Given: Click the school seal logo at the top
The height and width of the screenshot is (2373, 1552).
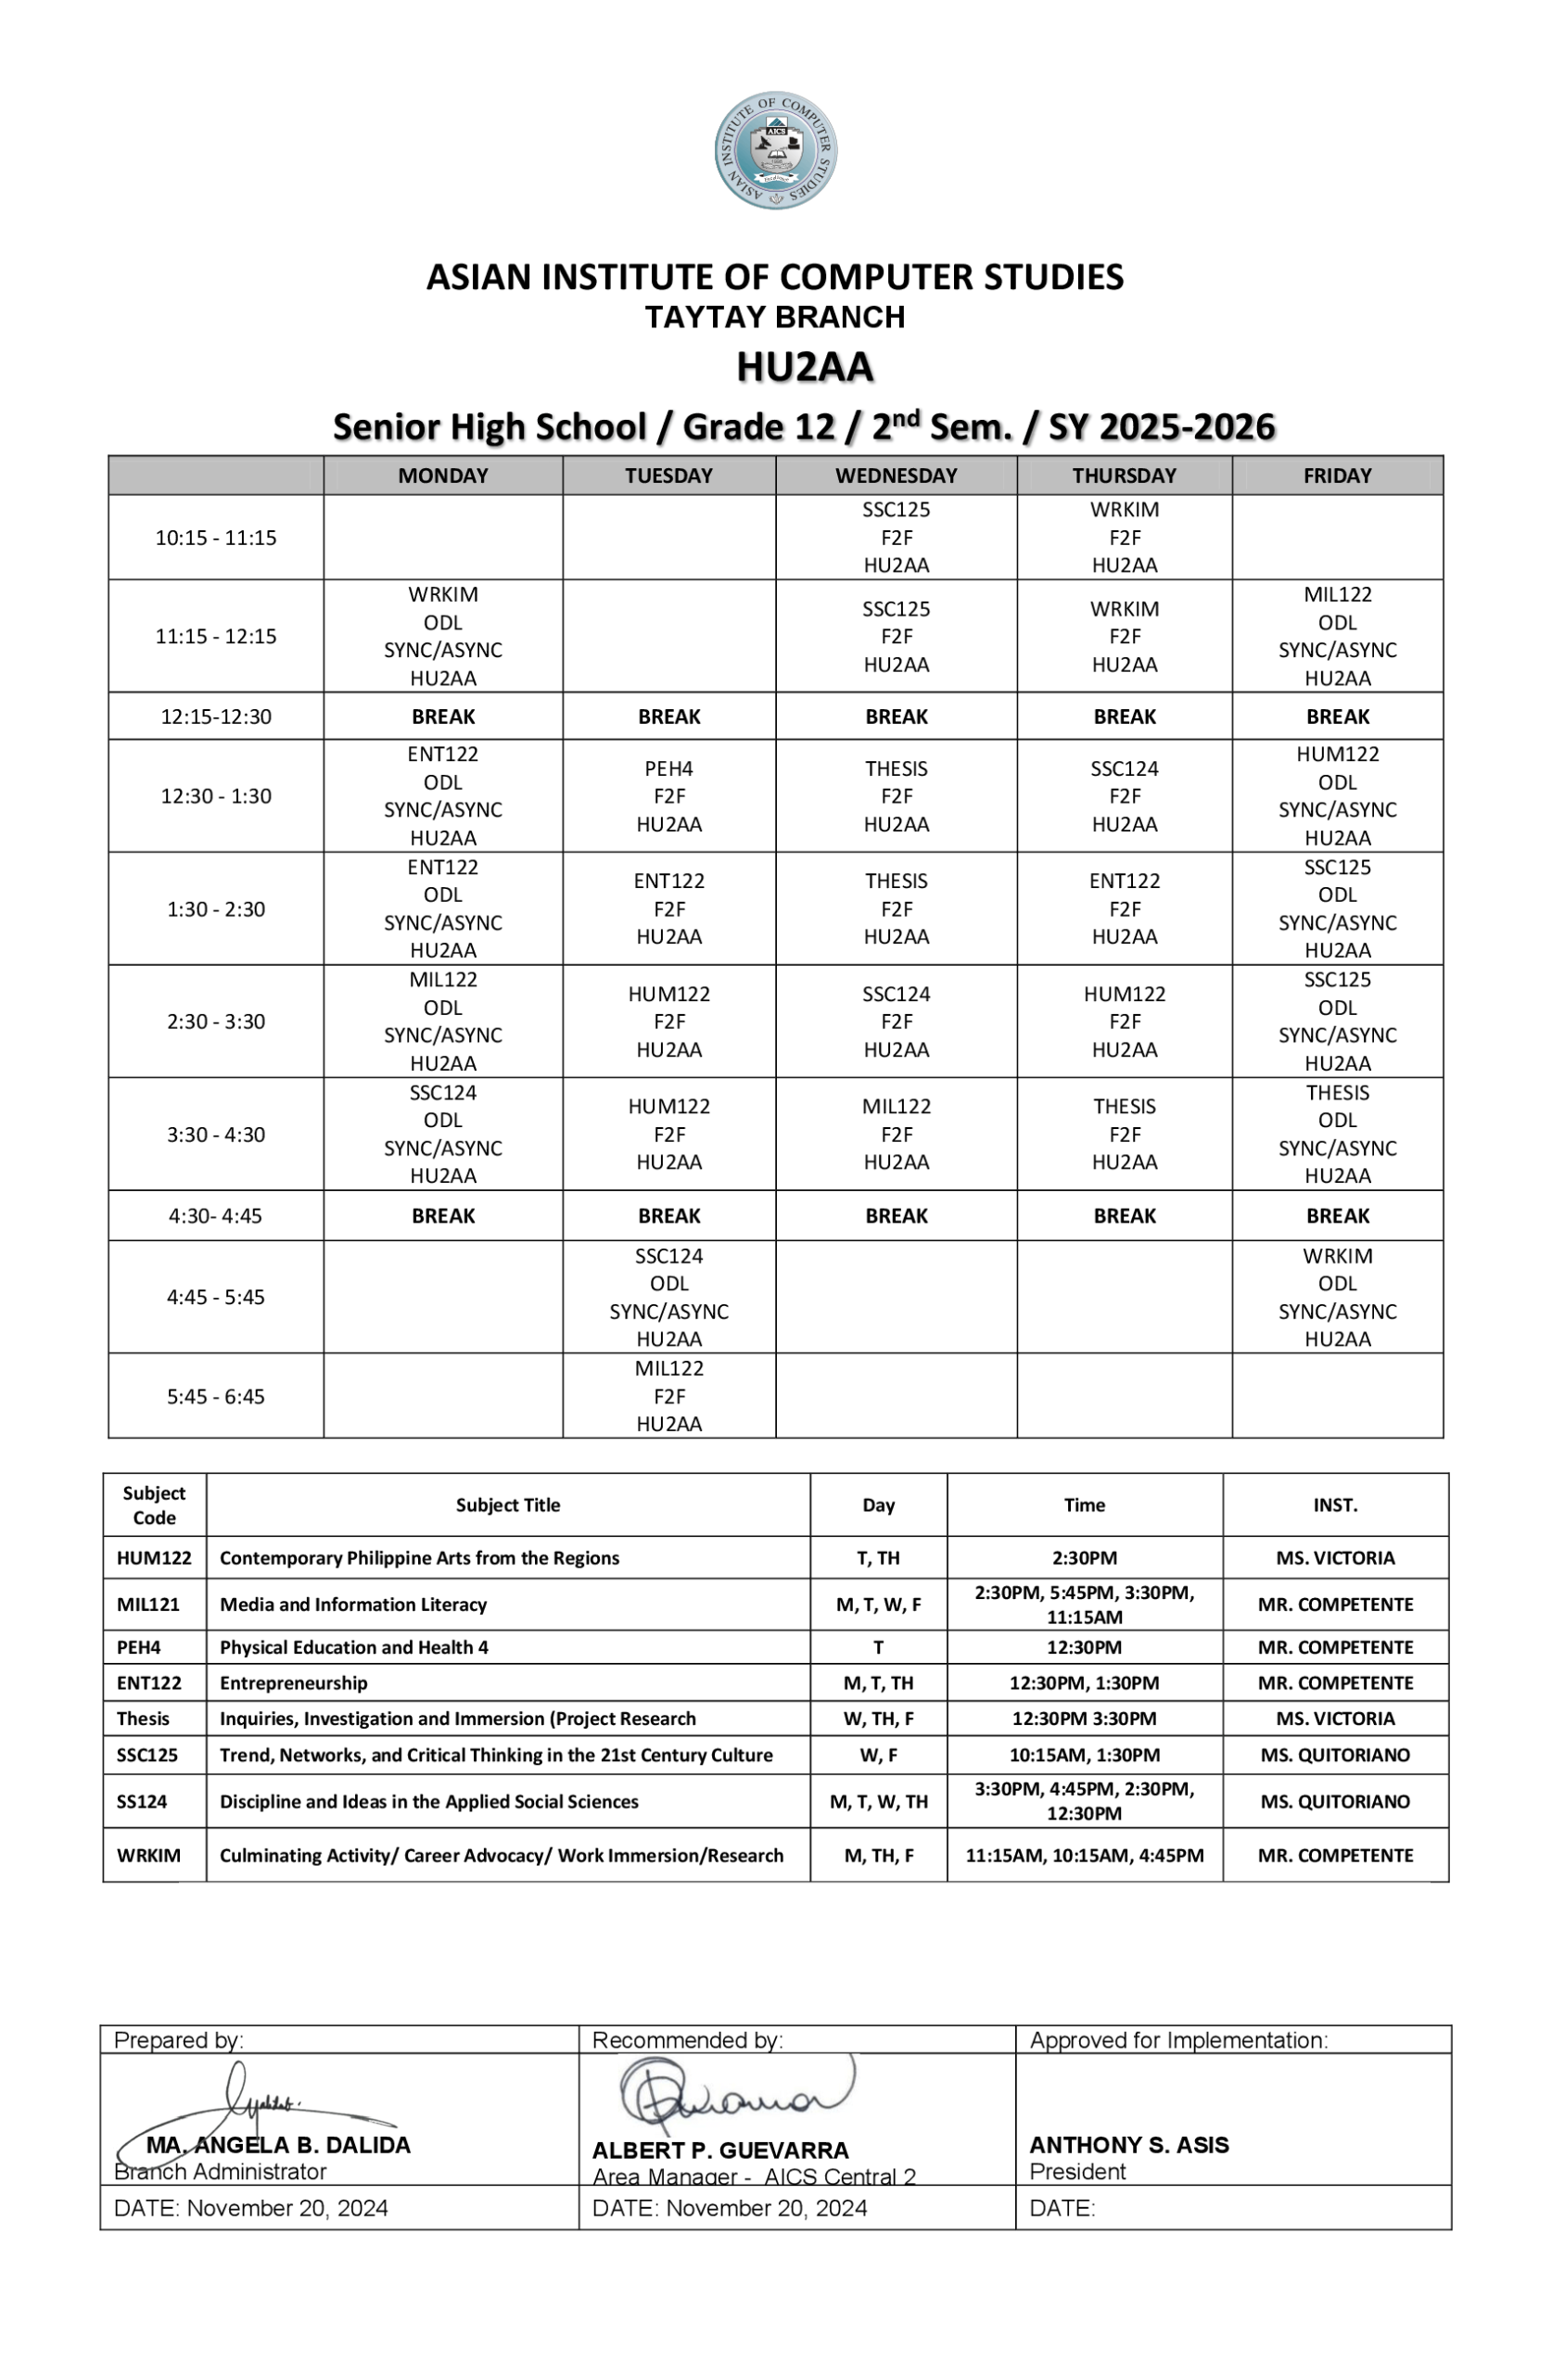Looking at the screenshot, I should (x=775, y=150).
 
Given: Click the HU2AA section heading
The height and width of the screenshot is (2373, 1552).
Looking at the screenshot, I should (x=804, y=367).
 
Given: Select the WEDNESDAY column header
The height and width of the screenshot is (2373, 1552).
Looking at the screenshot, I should (x=895, y=476).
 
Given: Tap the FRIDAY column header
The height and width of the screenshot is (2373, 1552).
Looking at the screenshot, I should (x=1337, y=476).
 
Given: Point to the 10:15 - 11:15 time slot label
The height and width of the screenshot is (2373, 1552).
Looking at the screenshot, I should (x=215, y=538).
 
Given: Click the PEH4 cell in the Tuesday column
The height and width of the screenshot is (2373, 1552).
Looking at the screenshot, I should (x=668, y=795).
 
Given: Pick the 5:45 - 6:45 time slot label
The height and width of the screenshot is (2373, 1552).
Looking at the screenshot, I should (x=215, y=1396).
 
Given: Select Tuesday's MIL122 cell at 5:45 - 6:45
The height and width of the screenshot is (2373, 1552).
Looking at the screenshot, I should (x=668, y=1396).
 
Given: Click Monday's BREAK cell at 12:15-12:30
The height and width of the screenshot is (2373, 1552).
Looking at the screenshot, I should (x=443, y=716).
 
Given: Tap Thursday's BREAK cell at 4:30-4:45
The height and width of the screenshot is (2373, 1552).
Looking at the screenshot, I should (x=1123, y=1215).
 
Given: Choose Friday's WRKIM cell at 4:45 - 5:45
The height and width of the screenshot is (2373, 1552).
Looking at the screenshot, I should (x=1337, y=1296).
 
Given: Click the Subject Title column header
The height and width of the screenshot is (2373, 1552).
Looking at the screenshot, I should (x=508, y=1504).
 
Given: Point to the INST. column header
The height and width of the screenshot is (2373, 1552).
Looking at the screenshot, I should (x=1334, y=1504).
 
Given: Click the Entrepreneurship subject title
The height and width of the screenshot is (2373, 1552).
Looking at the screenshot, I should (x=293, y=1683).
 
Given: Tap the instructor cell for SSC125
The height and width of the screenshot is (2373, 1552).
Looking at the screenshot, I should (x=1334, y=1755).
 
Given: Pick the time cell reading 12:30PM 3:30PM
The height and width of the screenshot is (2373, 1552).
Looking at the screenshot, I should (x=1083, y=1719).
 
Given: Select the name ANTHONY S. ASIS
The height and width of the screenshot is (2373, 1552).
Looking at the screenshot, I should (x=1128, y=2145).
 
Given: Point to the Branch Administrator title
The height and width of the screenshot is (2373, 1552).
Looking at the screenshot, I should (x=221, y=2172).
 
